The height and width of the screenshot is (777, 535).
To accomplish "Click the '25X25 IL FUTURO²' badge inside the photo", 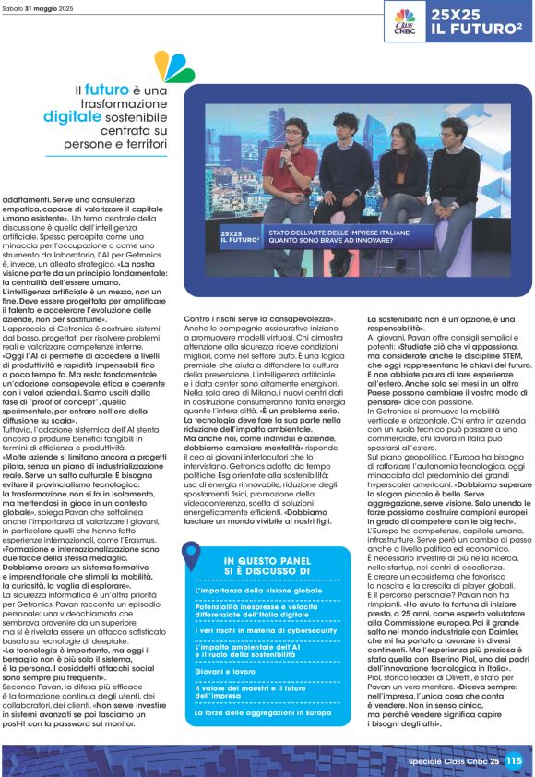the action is point(238,240).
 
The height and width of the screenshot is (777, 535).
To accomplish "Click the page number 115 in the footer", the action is point(514,761).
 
